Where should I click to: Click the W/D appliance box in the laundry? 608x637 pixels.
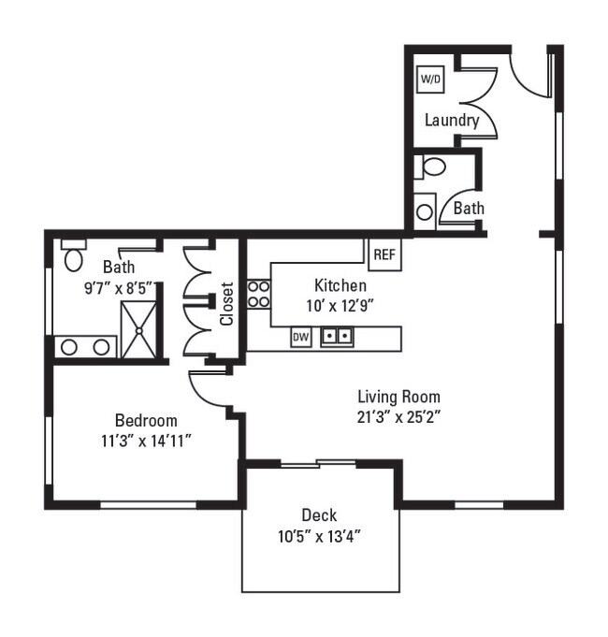point(430,80)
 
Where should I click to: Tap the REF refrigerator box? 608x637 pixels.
point(384,254)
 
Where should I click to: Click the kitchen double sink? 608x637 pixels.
point(337,336)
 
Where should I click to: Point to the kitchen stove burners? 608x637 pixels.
point(258,295)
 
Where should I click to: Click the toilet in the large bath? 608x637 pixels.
point(75,255)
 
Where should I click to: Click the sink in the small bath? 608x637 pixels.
point(425,210)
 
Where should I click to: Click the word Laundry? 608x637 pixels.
point(452,121)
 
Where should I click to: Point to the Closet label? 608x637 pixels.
point(227,305)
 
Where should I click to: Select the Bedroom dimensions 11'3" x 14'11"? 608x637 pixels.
point(146,440)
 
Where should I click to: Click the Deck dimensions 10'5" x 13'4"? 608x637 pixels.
point(319,536)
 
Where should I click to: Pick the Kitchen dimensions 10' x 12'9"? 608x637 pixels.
point(340,304)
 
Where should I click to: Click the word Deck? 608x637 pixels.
point(319,515)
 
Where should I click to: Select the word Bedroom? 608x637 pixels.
point(146,420)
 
